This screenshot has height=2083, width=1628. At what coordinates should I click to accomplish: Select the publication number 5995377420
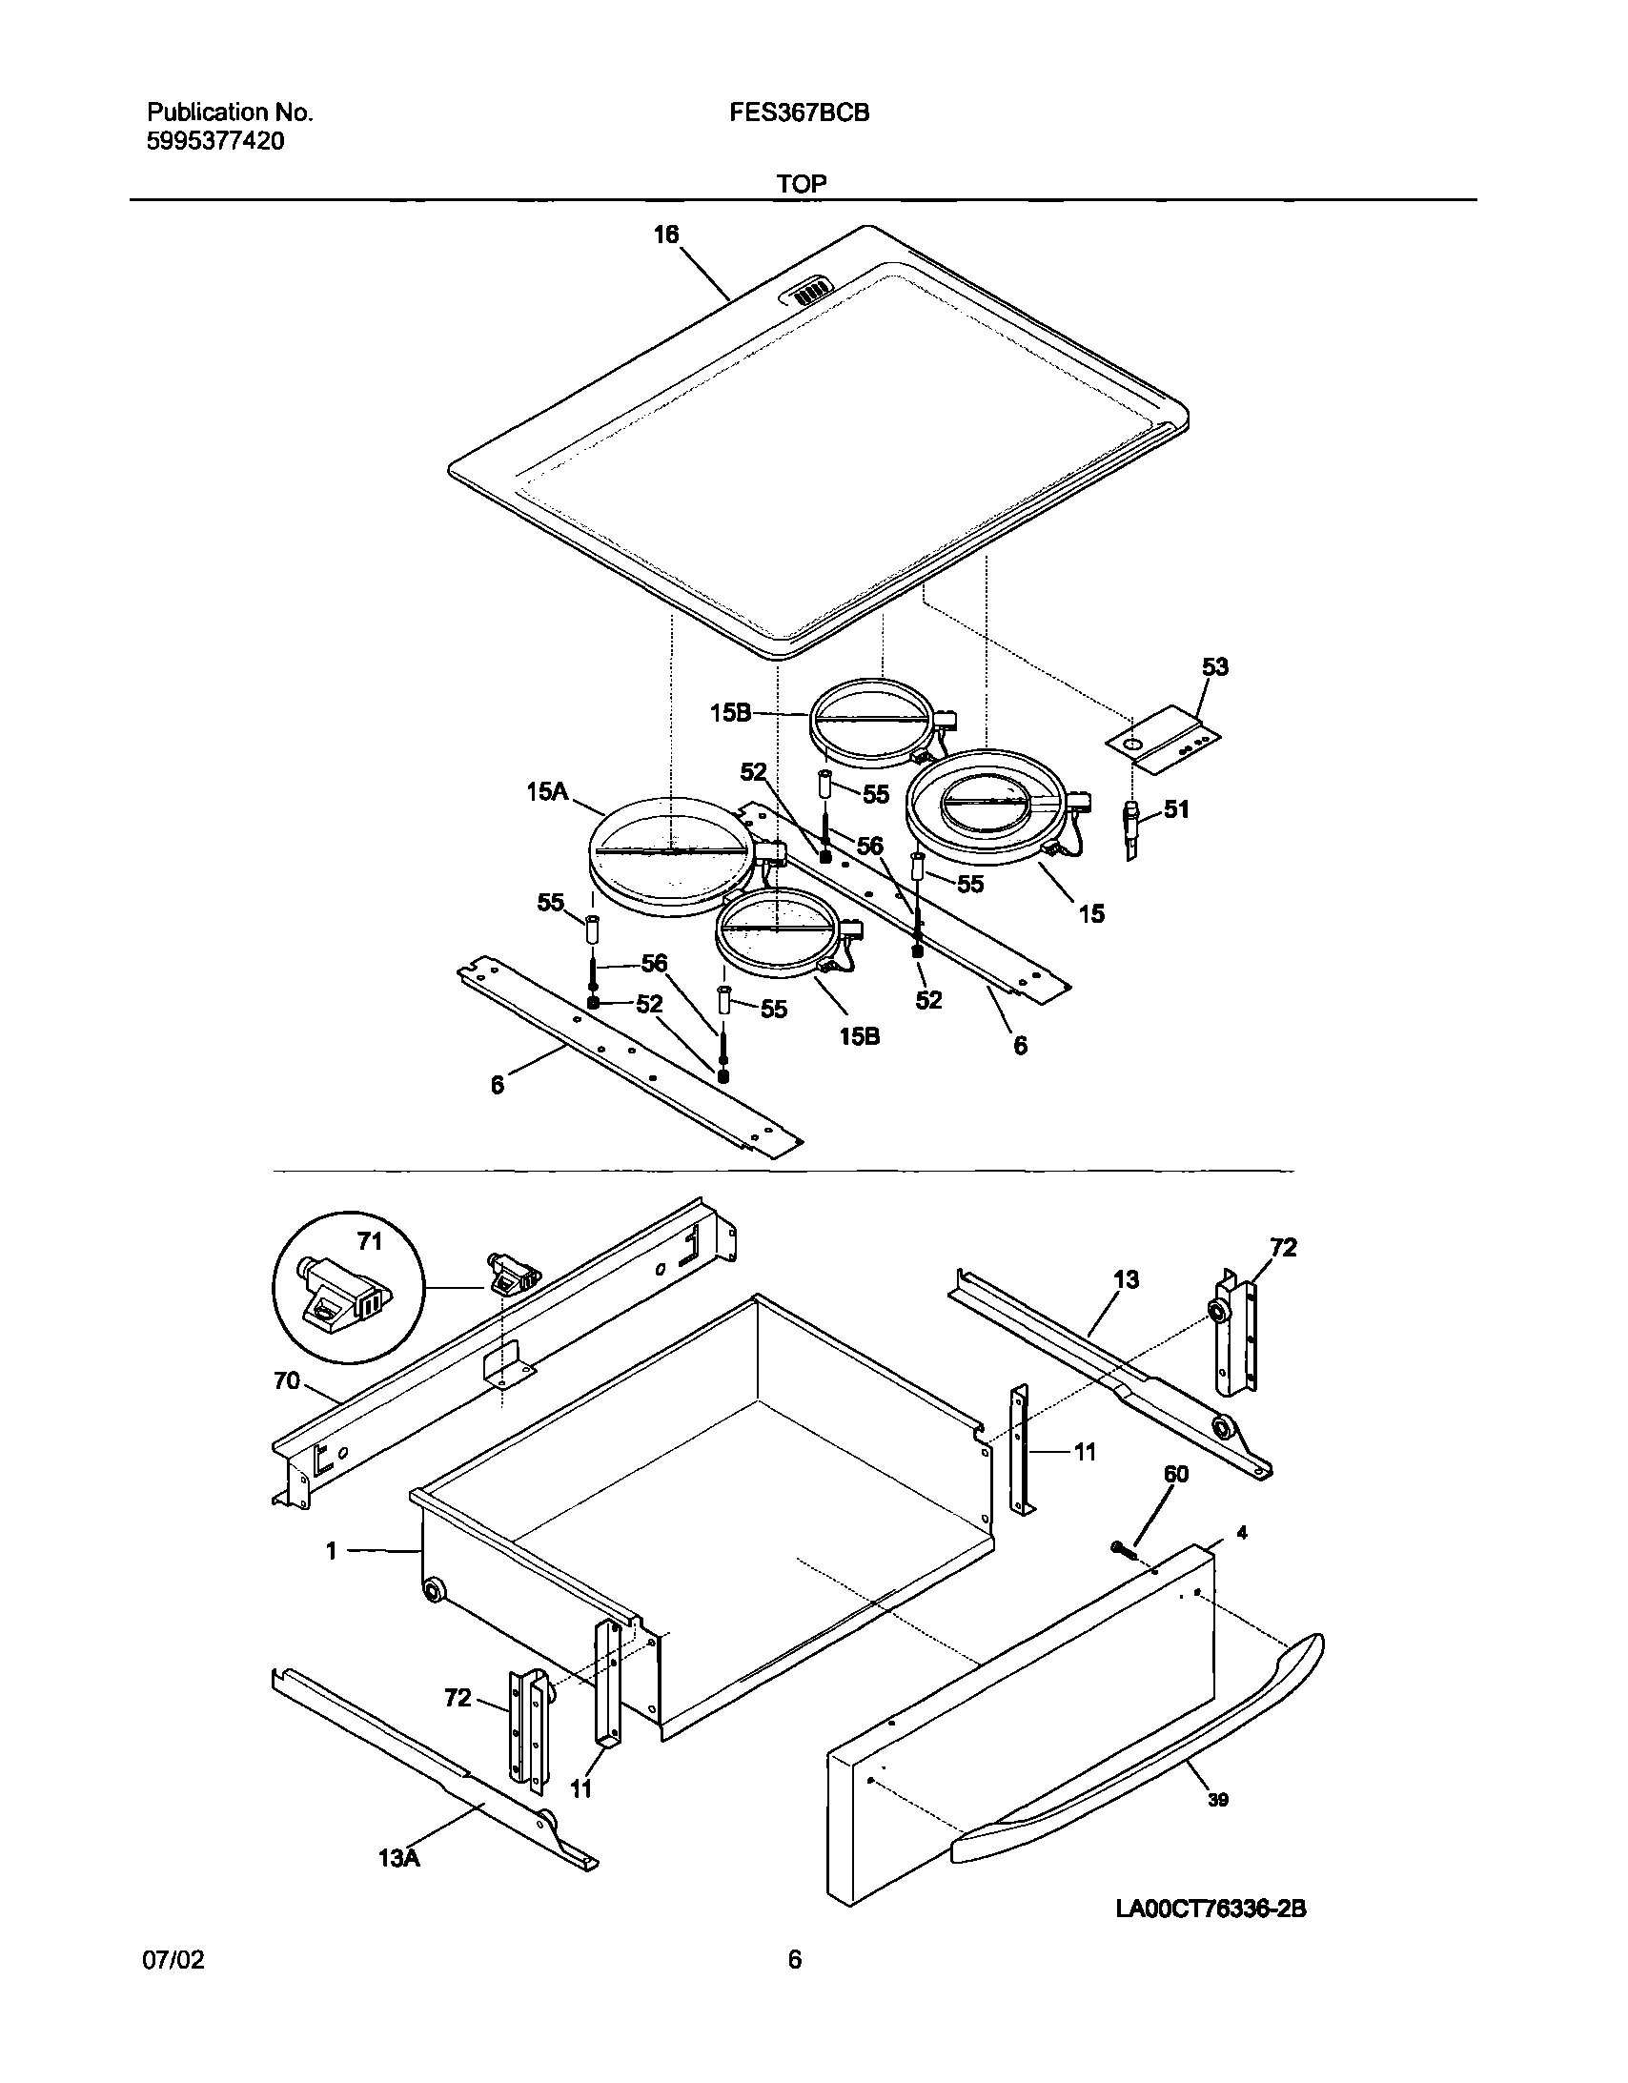215,142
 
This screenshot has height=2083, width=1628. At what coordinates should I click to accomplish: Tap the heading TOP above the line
801,184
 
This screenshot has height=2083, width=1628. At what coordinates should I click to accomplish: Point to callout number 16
665,235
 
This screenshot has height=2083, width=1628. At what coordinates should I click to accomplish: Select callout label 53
1215,666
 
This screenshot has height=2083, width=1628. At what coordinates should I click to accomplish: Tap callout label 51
1177,809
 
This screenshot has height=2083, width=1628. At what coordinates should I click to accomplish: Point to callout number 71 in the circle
369,1241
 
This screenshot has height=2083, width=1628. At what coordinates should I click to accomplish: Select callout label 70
286,1381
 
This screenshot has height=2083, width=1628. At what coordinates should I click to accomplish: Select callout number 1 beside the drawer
331,1552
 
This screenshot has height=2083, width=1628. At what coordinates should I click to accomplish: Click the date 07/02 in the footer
173,1987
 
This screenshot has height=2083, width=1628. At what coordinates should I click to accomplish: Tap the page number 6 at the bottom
794,1986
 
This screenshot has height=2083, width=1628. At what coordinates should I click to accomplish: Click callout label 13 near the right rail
1126,1280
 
